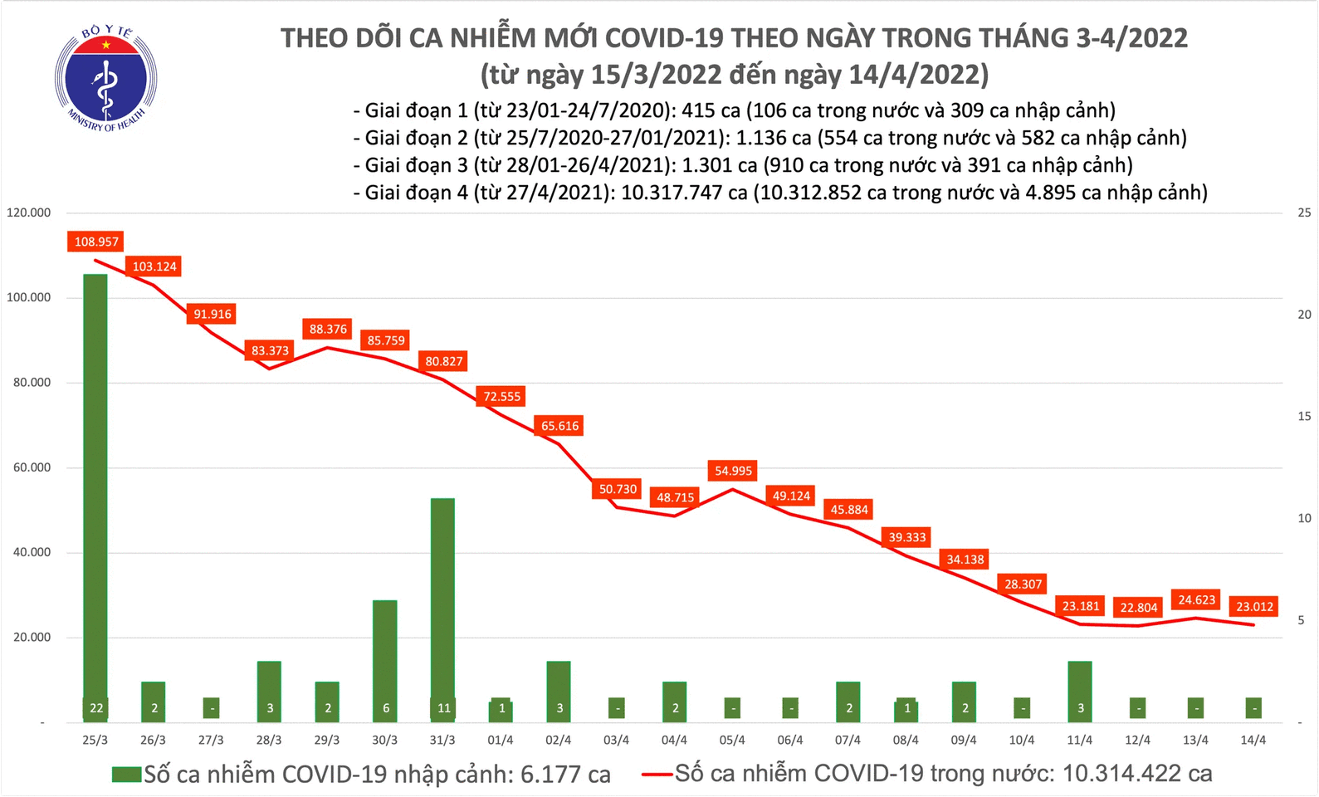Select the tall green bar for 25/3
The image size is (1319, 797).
(x=95, y=490)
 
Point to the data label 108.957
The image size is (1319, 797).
(x=96, y=242)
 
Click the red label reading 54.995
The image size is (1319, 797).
(x=733, y=471)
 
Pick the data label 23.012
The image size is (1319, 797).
(x=1254, y=607)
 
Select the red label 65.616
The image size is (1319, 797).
(x=559, y=426)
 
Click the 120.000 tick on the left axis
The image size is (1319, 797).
(x=28, y=213)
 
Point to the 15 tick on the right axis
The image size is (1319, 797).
(x=1304, y=417)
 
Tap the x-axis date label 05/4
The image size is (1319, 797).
(x=732, y=741)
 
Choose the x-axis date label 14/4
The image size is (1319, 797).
(x=1253, y=741)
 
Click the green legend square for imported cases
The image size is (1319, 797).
(x=126, y=775)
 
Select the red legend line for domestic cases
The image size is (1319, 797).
(x=657, y=775)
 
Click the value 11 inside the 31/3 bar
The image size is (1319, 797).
(x=443, y=708)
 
